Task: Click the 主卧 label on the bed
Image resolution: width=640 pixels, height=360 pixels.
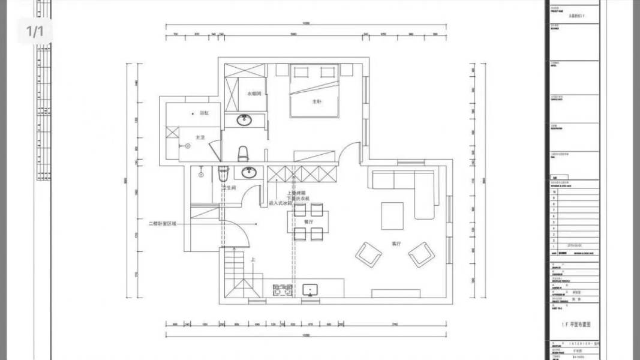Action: coord(316,101)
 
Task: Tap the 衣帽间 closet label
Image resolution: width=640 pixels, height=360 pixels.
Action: coord(254,94)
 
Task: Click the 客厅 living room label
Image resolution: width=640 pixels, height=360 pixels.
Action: coord(396,244)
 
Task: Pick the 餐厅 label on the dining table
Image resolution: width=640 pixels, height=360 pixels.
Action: coord(309,221)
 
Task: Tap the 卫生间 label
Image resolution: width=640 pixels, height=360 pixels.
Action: coord(230,188)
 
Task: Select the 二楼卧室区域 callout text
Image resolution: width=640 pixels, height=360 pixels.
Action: coord(163,223)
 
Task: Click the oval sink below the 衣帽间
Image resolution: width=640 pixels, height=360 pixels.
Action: coord(244,120)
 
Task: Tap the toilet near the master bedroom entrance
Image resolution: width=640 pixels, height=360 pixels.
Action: coord(243,154)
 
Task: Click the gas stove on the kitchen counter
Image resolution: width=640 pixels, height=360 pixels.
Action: coord(282,290)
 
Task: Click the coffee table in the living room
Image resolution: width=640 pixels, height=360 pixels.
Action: coord(393,216)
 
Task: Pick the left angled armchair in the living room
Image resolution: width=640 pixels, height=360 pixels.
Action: coord(368,254)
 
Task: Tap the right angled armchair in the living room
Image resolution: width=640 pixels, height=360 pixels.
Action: coord(422,254)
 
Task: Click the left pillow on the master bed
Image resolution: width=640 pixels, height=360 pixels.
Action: coord(299,73)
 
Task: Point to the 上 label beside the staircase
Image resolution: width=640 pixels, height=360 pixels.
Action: coord(253,260)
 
